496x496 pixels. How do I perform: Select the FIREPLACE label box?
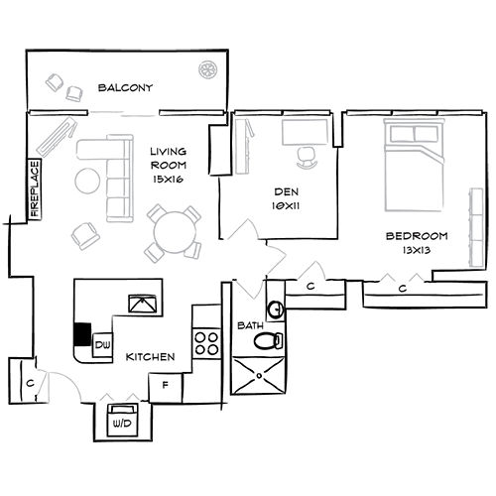(x=35, y=188)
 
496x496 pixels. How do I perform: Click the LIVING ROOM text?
(x=168, y=159)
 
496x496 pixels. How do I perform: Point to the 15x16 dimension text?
(x=168, y=180)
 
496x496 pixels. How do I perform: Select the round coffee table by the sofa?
(x=85, y=182)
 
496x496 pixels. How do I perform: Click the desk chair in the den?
(x=306, y=153)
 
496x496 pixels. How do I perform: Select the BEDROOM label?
(x=416, y=236)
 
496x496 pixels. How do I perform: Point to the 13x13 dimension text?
(x=416, y=252)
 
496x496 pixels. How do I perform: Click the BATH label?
(x=248, y=325)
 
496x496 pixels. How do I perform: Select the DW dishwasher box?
(x=102, y=345)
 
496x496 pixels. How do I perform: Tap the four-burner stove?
(x=206, y=342)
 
